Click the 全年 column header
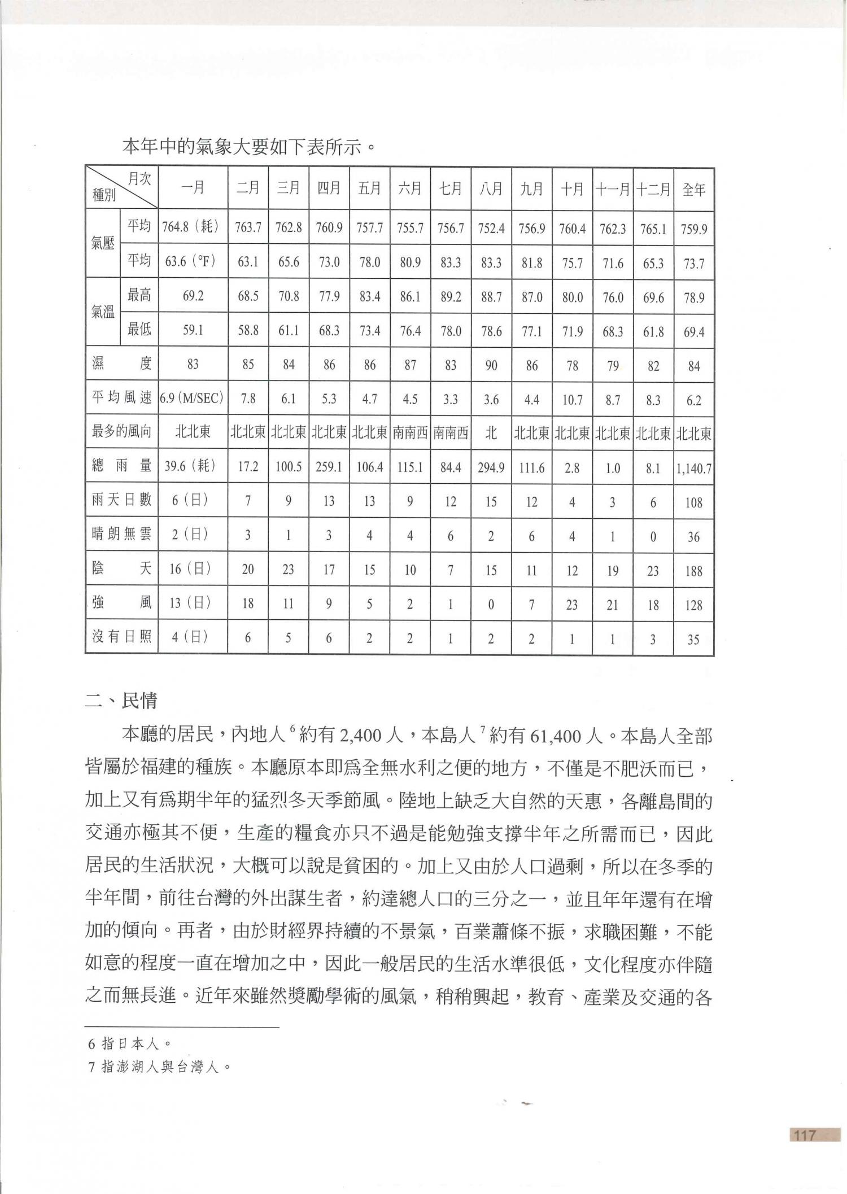click(x=693, y=189)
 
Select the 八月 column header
click(x=491, y=189)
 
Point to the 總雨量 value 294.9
click(x=491, y=467)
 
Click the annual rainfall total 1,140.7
click(x=693, y=467)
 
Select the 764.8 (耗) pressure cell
click(x=193, y=228)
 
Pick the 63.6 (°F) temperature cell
click(x=193, y=262)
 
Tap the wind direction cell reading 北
click(x=491, y=433)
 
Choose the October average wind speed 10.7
click(x=572, y=399)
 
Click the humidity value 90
click(x=491, y=365)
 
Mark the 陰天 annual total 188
click(x=693, y=570)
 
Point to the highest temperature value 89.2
click(x=450, y=296)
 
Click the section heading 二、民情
click(x=121, y=701)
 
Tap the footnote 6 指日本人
click(x=129, y=1044)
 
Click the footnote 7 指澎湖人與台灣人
click(x=159, y=1066)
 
